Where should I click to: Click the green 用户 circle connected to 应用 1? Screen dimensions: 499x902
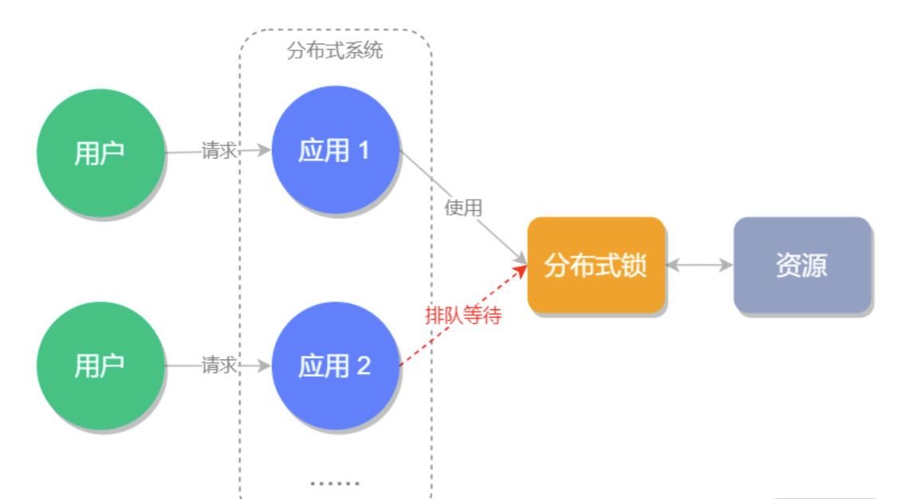[x=100, y=152]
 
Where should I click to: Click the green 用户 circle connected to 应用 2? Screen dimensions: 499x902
[x=100, y=366]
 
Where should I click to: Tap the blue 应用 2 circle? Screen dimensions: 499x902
[x=335, y=366]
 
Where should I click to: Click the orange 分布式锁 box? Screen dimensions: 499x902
[x=596, y=265]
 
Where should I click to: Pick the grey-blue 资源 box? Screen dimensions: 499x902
[x=802, y=265]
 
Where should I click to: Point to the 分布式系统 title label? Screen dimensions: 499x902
[x=335, y=51]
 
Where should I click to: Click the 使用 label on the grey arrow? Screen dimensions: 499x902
[x=463, y=208]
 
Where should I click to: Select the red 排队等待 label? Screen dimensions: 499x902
[x=463, y=315]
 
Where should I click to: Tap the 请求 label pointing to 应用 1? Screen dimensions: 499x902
[x=218, y=151]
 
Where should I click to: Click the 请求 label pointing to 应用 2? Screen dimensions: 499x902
[x=218, y=366]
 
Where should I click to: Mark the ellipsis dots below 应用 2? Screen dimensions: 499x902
[x=335, y=483]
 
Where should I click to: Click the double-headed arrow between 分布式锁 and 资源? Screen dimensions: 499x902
[x=699, y=265]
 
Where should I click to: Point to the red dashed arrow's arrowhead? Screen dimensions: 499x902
[x=522, y=271]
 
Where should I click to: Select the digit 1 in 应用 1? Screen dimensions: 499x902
[x=364, y=150]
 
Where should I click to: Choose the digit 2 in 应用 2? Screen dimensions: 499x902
[x=364, y=366]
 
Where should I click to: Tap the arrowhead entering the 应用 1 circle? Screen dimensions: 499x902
[x=266, y=150]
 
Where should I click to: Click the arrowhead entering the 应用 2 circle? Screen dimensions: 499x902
[x=266, y=366]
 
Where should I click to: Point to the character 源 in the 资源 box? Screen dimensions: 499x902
[x=814, y=265]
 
